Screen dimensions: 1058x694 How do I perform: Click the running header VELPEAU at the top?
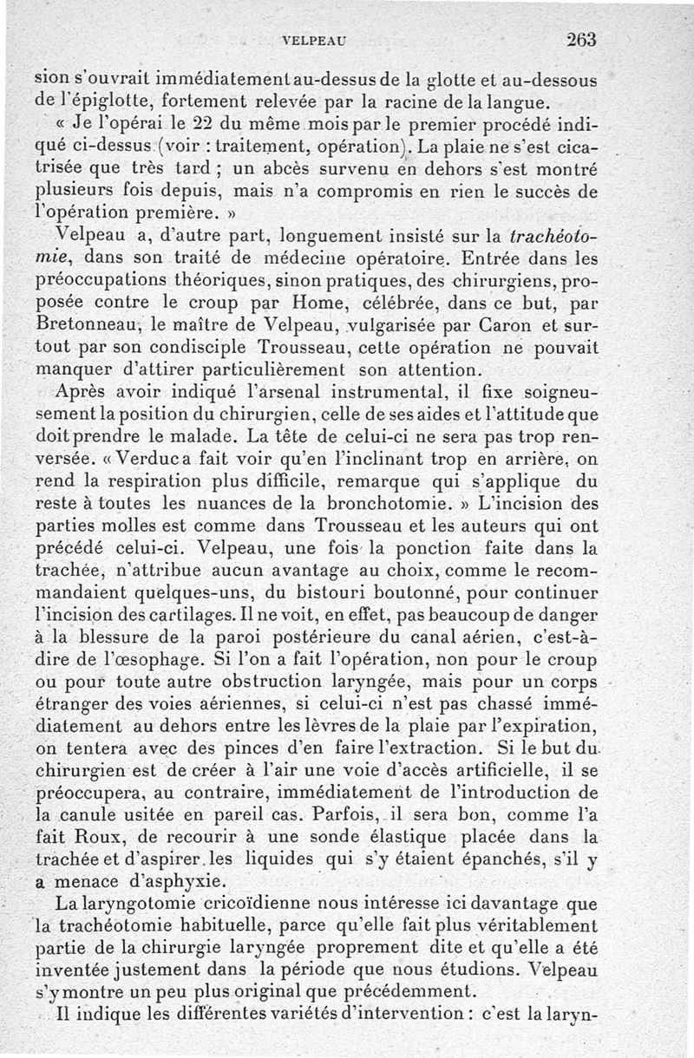pos(313,39)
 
